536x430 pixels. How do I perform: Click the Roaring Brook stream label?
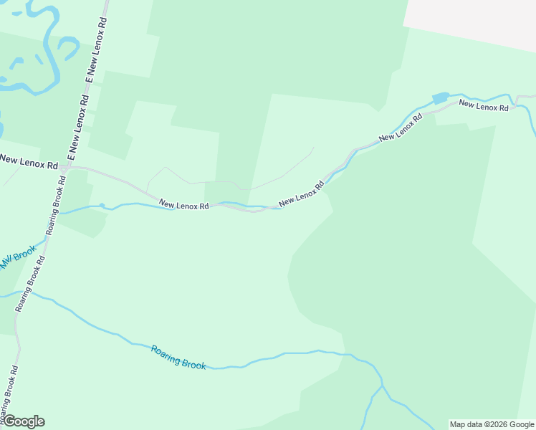point(178,357)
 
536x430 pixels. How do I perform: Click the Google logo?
point(24,421)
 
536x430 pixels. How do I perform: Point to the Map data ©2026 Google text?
point(492,424)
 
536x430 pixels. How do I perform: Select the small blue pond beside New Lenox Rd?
point(440,97)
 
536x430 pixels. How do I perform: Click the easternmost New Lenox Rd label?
point(484,105)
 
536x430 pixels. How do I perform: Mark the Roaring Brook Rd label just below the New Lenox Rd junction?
point(56,206)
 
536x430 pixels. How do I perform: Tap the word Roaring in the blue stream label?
point(166,353)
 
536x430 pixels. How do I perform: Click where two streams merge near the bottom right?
point(383,388)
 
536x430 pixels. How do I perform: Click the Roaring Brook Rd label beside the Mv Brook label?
point(31,283)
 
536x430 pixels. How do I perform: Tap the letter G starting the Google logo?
point(9,421)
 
